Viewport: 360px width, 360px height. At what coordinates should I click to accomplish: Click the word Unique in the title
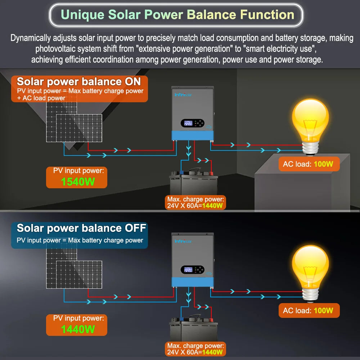click(82, 15)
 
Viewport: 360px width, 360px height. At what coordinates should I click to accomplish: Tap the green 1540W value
click(78, 181)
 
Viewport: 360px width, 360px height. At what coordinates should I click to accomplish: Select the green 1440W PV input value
click(78, 329)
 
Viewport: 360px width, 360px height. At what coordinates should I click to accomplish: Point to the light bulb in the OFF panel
click(310, 274)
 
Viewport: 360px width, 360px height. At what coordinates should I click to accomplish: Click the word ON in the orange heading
click(133, 81)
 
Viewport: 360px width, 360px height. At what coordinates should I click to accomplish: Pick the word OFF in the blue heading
click(135, 228)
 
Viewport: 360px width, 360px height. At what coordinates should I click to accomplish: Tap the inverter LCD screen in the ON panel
click(188, 123)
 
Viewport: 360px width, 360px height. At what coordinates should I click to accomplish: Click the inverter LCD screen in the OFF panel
click(188, 270)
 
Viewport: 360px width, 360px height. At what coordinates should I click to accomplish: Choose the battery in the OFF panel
click(193, 329)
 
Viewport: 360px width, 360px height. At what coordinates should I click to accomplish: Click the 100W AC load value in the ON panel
click(323, 164)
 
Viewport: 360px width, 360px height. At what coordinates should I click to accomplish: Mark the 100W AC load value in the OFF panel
click(323, 310)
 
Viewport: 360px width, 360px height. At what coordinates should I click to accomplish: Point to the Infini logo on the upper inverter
click(183, 95)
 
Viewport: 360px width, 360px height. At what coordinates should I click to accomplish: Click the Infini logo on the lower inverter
click(183, 241)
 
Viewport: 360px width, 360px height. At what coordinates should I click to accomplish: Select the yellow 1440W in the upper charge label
click(212, 206)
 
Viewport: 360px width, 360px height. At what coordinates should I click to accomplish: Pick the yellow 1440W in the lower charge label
click(212, 352)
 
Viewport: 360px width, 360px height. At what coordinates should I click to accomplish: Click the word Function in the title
click(267, 15)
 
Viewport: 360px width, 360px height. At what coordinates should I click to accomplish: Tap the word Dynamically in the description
click(31, 38)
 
